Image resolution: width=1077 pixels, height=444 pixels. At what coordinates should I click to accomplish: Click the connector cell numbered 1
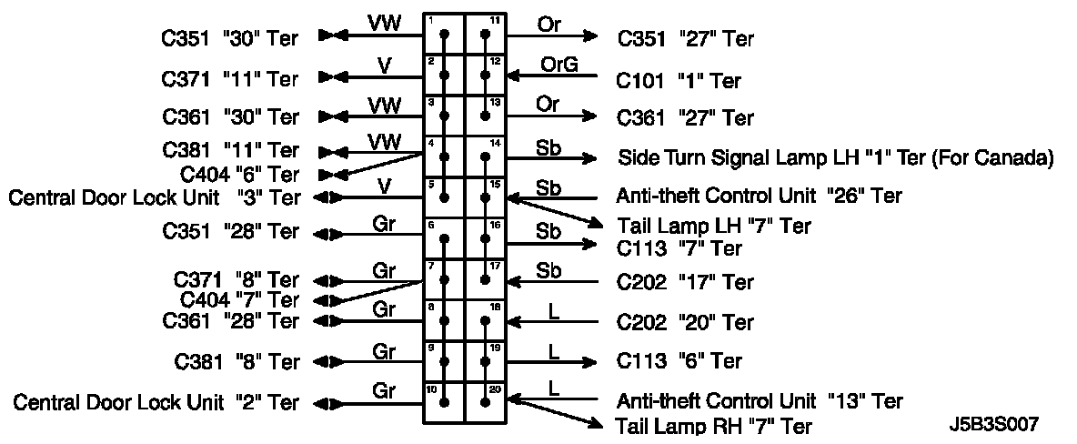[445, 34]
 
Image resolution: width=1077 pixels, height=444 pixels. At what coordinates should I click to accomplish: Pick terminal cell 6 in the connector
[445, 237]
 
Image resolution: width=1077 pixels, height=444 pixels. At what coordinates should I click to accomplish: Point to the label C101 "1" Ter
[679, 81]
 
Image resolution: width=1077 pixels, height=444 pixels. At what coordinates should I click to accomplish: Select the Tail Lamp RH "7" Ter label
[713, 425]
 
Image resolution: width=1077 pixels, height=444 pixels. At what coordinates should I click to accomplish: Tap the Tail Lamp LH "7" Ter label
[713, 224]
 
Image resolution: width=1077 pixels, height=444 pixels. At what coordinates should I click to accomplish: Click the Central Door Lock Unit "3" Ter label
[154, 197]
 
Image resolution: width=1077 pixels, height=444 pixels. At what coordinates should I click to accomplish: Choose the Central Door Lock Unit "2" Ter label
[156, 402]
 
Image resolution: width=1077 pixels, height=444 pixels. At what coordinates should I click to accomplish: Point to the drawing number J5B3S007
[992, 424]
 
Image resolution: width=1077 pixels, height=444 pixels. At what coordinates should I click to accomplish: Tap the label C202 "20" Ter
[685, 322]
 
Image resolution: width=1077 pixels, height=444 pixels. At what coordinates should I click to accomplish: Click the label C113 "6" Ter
[679, 361]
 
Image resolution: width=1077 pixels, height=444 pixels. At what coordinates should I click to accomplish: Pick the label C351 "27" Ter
[685, 39]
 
